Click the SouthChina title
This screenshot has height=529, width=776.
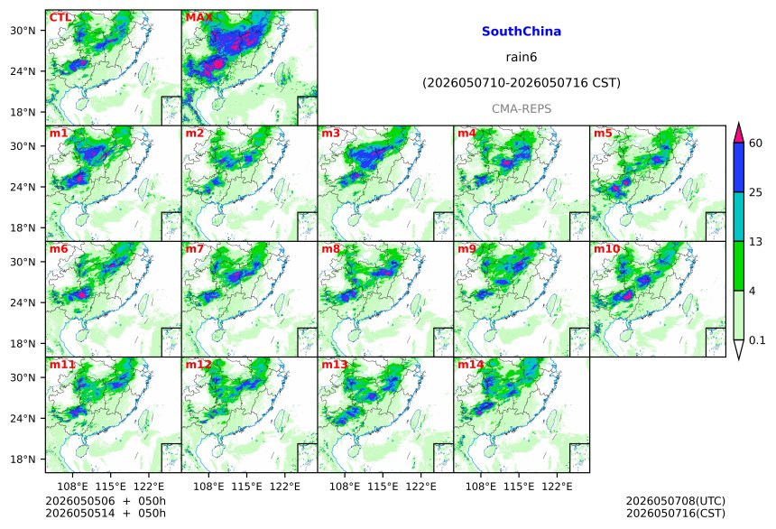(522, 32)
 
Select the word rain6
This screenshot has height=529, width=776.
(522, 57)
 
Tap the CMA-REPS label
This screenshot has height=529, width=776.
(522, 109)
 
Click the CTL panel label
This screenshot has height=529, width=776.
(60, 18)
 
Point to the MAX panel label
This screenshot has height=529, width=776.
(199, 18)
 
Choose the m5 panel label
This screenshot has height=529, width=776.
(603, 134)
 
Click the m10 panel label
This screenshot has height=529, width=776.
(606, 248)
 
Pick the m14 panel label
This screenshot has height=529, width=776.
(470, 365)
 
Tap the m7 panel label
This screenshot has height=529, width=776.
(195, 248)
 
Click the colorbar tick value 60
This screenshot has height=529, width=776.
(755, 144)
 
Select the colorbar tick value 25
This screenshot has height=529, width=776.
(755, 192)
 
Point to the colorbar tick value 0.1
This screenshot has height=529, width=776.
(757, 340)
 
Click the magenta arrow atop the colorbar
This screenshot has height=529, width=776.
(739, 134)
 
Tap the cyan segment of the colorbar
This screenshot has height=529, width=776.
(739, 217)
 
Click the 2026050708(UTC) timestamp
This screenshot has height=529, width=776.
(676, 501)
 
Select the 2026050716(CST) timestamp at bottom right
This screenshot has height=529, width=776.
(676, 513)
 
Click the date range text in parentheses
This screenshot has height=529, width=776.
(522, 83)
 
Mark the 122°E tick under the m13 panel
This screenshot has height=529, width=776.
(421, 487)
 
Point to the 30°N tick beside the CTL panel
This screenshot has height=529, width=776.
(23, 31)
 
